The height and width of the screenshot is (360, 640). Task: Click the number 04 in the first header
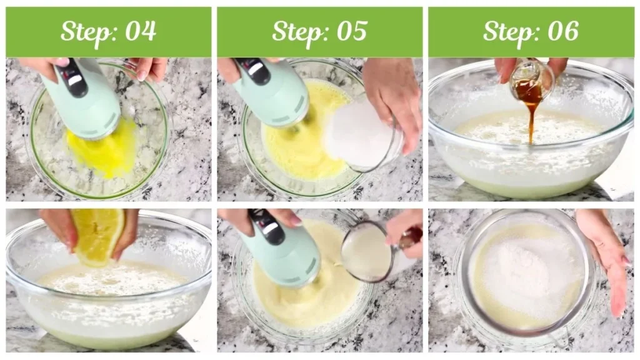pyautogui.click(x=141, y=31)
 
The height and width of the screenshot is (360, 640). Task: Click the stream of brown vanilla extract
pyautogui.click(x=531, y=119)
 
